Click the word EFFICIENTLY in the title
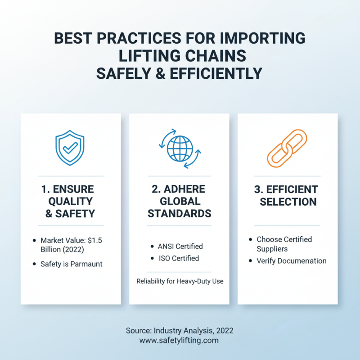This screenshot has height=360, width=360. (x=216, y=73)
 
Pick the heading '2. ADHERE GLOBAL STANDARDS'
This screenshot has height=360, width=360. (x=180, y=201)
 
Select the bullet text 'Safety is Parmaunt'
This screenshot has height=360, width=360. (x=71, y=264)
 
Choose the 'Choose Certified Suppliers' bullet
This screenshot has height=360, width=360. (x=284, y=244)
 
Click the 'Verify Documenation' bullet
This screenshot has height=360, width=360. (x=291, y=261)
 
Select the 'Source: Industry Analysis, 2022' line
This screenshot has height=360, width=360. (x=180, y=330)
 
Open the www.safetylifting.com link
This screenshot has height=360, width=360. (x=179, y=340)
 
